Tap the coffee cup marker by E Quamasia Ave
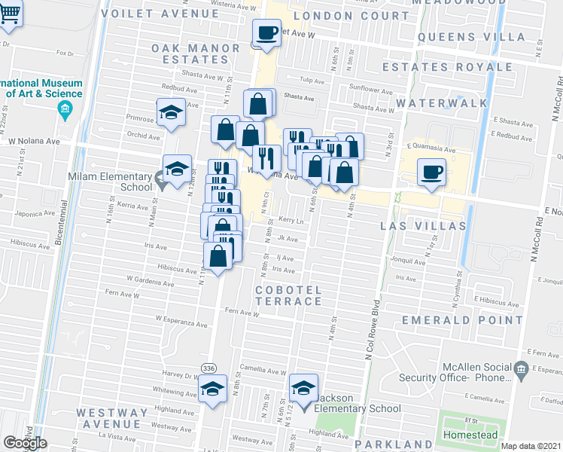[432, 171]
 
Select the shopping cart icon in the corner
[11, 13]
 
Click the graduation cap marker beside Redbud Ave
[171, 113]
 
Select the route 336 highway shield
[209, 368]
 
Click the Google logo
[25, 443]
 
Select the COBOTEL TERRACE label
[288, 295]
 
